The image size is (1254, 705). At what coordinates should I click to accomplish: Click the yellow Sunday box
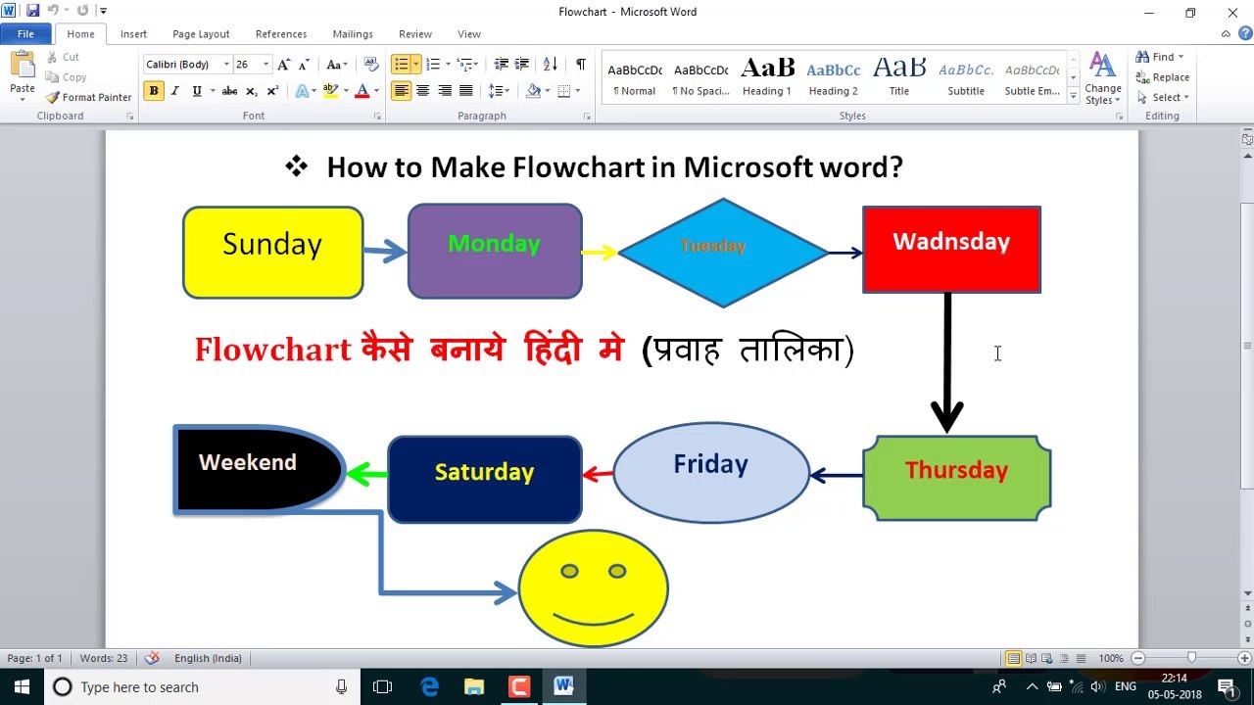click(272, 253)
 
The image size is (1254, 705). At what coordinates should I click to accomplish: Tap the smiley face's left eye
click(569, 571)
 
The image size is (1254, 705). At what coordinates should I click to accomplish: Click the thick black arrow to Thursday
click(946, 362)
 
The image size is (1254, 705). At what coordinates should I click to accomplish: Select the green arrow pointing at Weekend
click(366, 474)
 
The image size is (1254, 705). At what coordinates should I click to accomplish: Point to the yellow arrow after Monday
click(599, 253)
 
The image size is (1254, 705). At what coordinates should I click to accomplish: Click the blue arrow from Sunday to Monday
click(385, 252)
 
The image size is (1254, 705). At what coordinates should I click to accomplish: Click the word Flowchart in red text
click(272, 350)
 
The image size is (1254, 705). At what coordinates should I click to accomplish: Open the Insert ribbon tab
click(133, 34)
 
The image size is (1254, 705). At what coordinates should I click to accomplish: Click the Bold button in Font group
click(154, 91)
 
